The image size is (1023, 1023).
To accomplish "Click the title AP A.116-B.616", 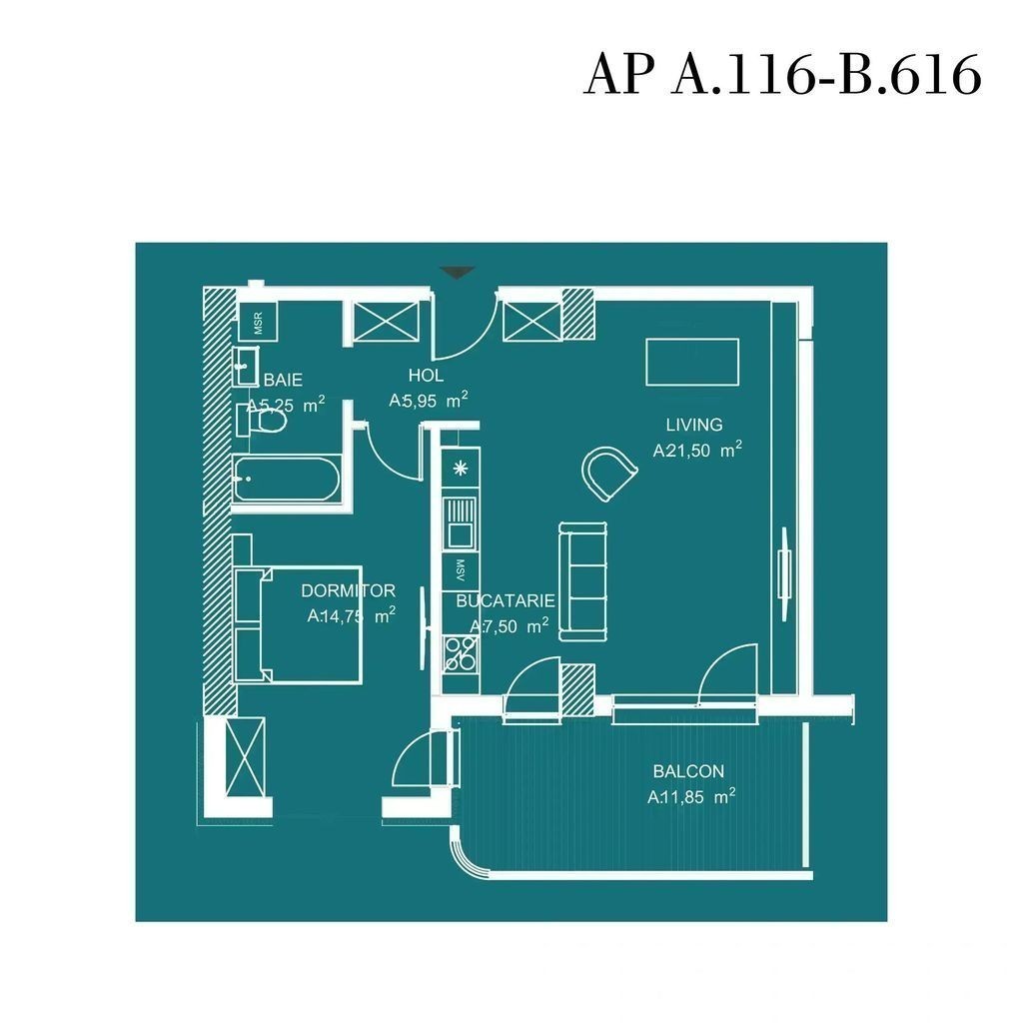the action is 782,74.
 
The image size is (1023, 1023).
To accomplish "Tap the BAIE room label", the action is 283,380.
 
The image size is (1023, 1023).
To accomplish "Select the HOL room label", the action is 426,376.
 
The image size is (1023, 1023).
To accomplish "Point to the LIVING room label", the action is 694,425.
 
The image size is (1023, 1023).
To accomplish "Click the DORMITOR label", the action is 348,590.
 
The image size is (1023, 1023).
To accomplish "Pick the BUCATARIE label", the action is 505,600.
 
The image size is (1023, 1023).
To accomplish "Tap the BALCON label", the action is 688,771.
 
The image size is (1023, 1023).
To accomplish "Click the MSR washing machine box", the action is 258,321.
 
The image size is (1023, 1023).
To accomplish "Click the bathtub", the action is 287,479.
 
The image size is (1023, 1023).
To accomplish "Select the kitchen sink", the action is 461,523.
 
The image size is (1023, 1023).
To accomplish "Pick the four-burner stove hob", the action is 461,653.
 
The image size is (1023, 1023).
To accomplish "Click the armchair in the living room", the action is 608,473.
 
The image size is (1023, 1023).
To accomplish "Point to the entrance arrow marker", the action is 457,272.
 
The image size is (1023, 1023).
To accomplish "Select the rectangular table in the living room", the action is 692,362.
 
